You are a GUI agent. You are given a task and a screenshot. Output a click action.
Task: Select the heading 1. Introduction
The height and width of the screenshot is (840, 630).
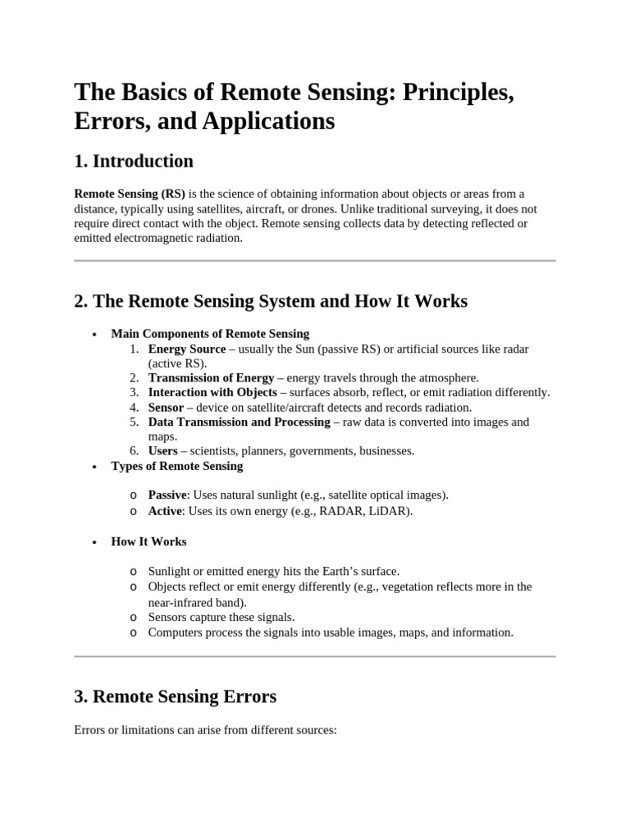134,161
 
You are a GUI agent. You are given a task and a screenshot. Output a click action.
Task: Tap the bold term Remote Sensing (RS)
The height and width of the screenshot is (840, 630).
130,194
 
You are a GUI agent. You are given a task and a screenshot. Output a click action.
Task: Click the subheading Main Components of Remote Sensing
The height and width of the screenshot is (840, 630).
210,334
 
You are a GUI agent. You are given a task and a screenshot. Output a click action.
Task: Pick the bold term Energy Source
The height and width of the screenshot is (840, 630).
186,349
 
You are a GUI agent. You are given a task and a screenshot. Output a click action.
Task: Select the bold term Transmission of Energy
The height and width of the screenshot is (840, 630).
211,377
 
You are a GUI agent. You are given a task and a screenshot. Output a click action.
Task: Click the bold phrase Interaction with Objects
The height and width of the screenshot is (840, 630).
212,392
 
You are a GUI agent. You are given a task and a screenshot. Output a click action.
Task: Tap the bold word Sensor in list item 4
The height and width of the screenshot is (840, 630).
166,407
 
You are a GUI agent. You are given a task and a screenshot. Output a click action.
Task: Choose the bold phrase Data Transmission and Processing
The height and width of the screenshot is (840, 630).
239,422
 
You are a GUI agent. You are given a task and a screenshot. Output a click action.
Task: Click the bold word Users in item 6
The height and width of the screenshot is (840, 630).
162,450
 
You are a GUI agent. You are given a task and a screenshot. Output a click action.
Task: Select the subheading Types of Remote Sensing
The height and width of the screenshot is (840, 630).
177,466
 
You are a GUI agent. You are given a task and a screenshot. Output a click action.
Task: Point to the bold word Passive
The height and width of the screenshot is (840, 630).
168,495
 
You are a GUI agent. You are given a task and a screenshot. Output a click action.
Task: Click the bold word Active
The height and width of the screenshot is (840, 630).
165,511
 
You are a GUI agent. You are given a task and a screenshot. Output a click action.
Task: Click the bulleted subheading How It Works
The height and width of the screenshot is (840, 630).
148,541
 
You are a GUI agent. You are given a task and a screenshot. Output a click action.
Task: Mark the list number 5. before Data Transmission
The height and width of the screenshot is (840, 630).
135,422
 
